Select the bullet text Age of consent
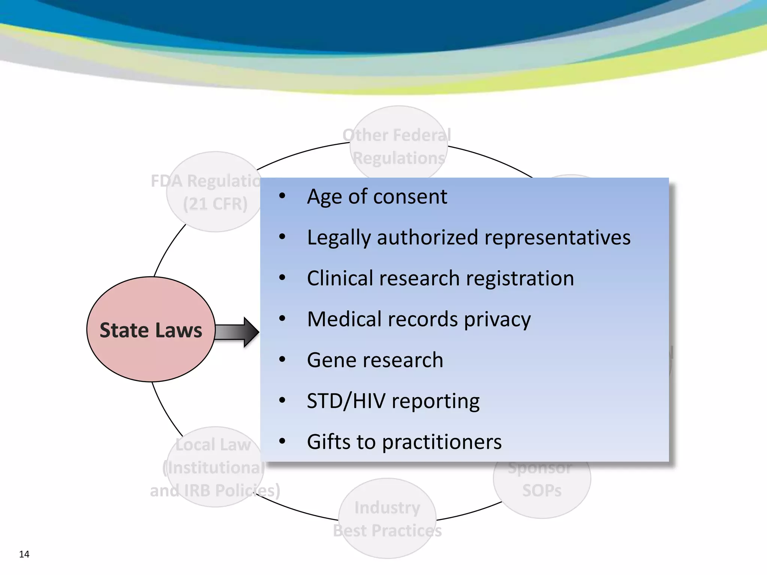coord(377,197)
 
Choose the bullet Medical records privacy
coord(419,319)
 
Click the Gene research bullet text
coord(375,360)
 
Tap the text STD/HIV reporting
coord(393,401)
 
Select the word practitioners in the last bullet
coord(442,442)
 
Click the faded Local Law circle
coord(214,468)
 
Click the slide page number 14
coord(24,554)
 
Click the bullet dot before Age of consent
coord(282,196)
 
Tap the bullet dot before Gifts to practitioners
coord(282,441)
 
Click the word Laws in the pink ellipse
coord(179,331)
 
